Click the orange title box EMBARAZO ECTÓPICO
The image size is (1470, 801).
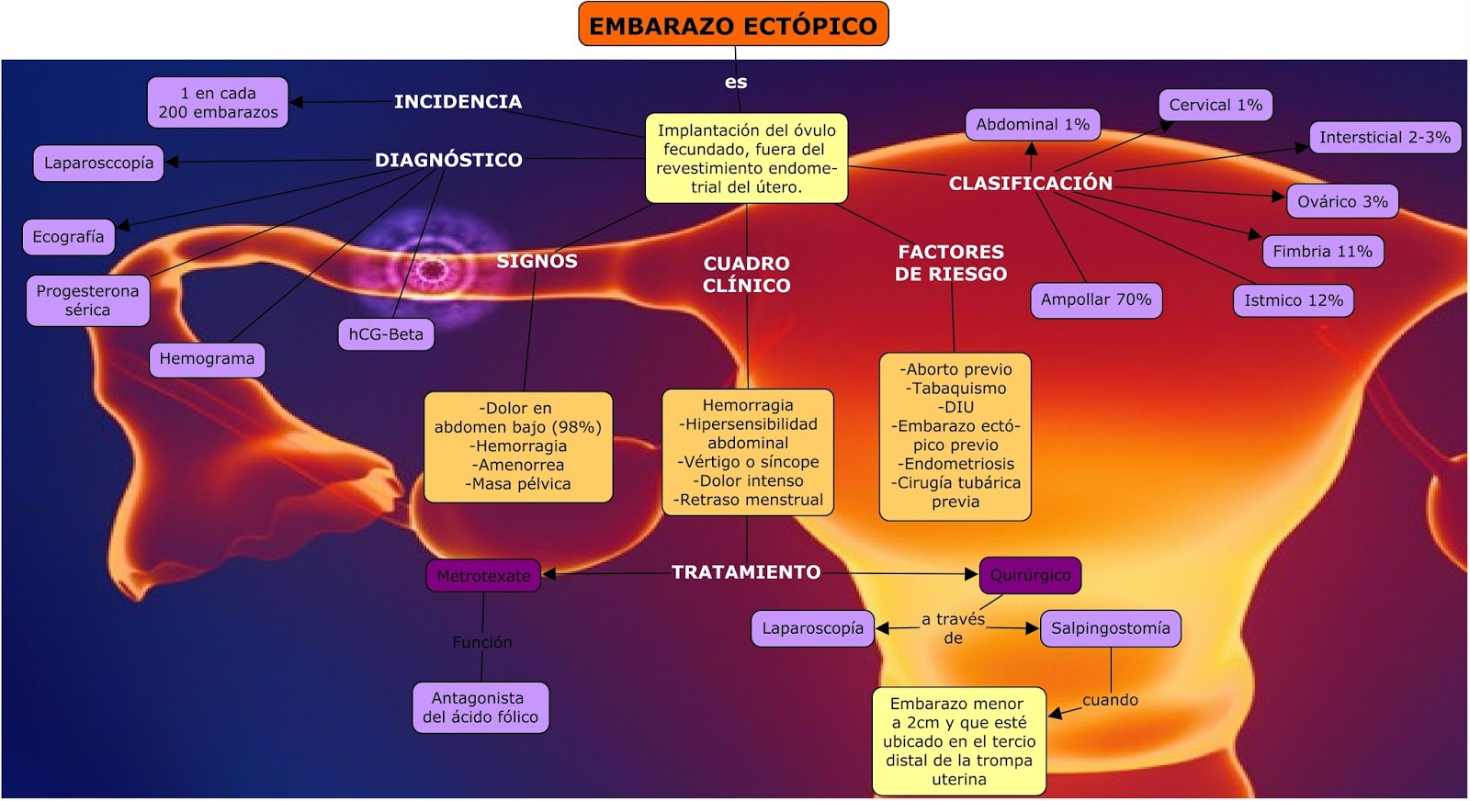[x=733, y=25]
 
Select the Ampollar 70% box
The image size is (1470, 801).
[x=1095, y=299]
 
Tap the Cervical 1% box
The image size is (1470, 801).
[x=1215, y=105]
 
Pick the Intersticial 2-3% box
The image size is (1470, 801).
[x=1384, y=138]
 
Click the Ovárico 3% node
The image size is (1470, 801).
[x=1341, y=201]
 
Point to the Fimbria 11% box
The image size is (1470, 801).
[x=1322, y=251]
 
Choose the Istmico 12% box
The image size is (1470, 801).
[x=1293, y=300]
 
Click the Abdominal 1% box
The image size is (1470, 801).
[x=1032, y=124]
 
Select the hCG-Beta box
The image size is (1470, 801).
[x=386, y=334]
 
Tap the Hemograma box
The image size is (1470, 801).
[x=207, y=358]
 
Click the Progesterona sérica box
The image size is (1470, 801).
[x=87, y=300]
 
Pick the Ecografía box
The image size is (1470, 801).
[x=68, y=236]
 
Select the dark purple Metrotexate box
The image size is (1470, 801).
[x=483, y=576]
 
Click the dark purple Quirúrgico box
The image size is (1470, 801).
[x=1030, y=575]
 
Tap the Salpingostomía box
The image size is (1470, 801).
[x=1110, y=628]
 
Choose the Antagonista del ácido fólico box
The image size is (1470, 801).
[x=480, y=707]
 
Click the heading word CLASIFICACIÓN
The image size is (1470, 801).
[x=1030, y=183]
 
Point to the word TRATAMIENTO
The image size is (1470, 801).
[x=746, y=572]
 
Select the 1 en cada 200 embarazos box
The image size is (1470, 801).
[x=218, y=103]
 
